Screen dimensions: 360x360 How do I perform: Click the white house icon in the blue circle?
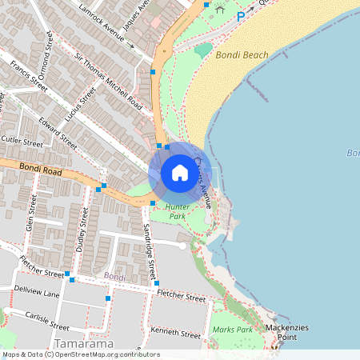tap(179, 173)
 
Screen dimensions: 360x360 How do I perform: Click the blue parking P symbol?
tap(240, 15)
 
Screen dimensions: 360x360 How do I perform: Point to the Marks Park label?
tap(232, 330)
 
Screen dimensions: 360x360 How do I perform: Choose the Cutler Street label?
tap(21, 141)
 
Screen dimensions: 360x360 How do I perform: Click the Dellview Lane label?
tap(36, 294)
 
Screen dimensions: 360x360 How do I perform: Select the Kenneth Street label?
tap(175, 333)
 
